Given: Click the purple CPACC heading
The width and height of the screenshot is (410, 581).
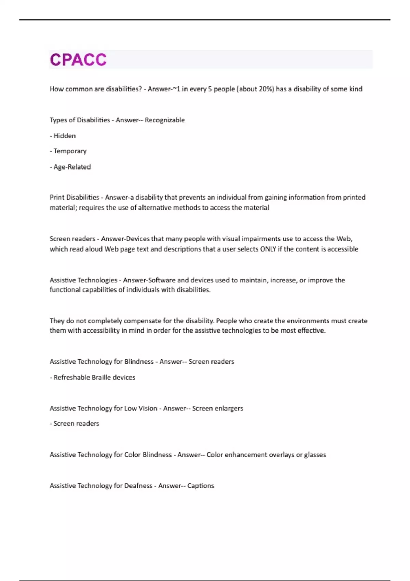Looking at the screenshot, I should pyautogui.click(x=78, y=59).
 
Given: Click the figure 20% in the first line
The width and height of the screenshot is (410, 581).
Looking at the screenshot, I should pyautogui.click(x=265, y=89).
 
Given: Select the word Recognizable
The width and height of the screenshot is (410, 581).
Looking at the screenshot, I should pyautogui.click(x=165, y=120).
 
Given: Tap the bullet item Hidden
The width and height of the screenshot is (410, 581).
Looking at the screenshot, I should pyautogui.click(x=65, y=136).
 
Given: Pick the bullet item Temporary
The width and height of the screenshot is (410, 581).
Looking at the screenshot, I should pyautogui.click(x=70, y=151).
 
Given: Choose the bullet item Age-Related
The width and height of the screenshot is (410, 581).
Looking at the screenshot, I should pyautogui.click(x=72, y=167).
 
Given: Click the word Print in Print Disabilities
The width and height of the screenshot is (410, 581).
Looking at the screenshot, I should pyautogui.click(x=57, y=197).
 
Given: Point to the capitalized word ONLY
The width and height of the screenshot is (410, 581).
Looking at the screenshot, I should pyautogui.click(x=268, y=249).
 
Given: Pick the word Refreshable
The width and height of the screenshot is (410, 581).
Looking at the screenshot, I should pyautogui.click(x=70, y=377).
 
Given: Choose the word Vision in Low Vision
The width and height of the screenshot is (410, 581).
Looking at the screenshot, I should pyautogui.click(x=148, y=408).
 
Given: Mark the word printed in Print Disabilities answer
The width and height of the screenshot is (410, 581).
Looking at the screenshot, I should pyautogui.click(x=354, y=197).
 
